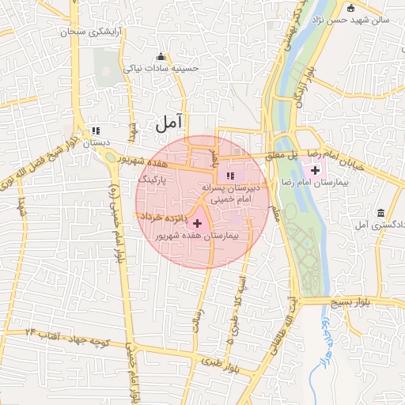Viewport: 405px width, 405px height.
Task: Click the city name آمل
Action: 168,122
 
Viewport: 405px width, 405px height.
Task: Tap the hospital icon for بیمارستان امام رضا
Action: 316,170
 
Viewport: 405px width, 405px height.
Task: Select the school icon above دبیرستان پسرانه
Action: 230,176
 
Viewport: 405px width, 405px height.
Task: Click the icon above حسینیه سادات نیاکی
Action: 162,56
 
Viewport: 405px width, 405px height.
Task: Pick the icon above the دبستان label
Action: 96,131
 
